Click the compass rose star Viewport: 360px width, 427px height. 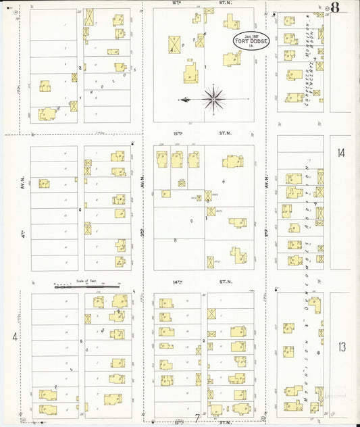(213, 99)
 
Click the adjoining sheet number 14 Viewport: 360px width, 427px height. (341, 153)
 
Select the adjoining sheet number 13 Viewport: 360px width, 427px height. (341, 347)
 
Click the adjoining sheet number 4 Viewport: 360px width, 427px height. (14, 336)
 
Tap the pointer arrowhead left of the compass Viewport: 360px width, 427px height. (181, 100)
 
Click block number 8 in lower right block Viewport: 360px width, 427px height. (317, 353)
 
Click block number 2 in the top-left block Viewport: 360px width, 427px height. (80, 68)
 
